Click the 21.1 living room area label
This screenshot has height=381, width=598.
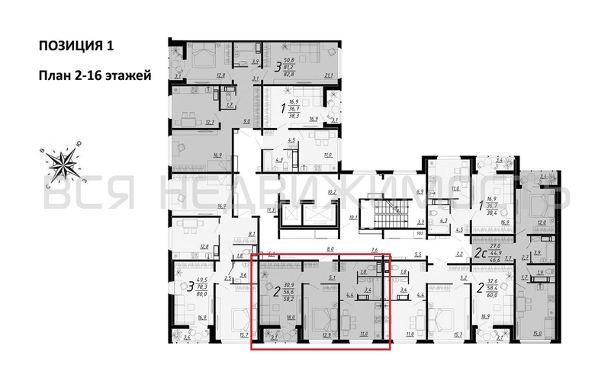(330, 75)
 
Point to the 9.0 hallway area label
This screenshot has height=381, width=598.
(246, 120)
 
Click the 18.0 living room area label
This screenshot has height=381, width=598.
(290, 320)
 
